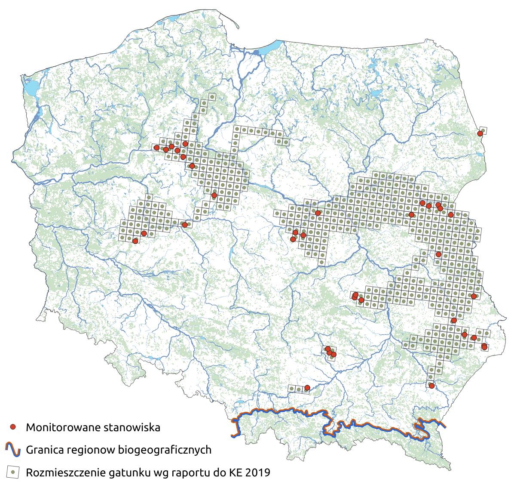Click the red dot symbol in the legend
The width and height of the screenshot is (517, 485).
[13, 427]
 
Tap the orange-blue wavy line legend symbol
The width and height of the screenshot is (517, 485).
[13, 450]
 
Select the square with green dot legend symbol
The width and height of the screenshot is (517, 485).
[13, 472]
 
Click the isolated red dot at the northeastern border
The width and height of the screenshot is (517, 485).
[480, 134]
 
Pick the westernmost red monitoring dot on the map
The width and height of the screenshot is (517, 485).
[135, 241]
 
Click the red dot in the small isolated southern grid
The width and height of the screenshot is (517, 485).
[307, 388]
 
